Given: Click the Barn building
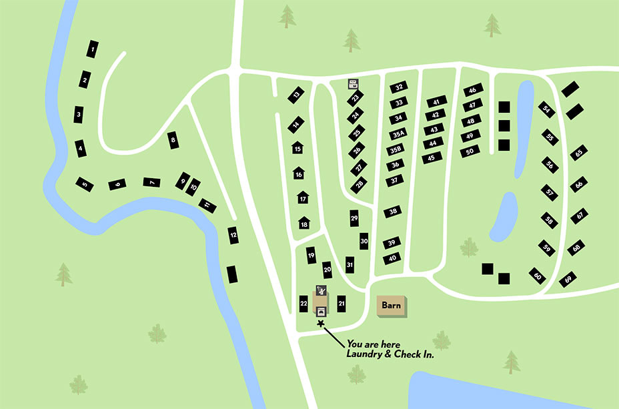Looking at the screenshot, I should click(390, 306).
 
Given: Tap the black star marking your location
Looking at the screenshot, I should click(322, 324).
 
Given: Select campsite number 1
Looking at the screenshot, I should click(92, 49).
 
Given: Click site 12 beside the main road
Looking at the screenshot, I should click(233, 235).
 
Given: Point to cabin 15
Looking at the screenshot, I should click(297, 149).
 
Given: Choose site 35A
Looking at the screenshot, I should click(398, 134).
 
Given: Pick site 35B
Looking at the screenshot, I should click(396, 150).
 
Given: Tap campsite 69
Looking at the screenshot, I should click(568, 280).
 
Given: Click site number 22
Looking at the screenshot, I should click(303, 304).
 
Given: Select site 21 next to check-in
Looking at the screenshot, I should click(342, 304).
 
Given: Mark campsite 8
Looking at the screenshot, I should click(173, 140).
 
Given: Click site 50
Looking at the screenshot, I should click(470, 151).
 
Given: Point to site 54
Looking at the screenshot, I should click(547, 110).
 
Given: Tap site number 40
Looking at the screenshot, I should click(392, 258).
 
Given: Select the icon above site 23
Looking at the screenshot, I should click(354, 84).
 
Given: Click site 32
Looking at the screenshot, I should click(399, 87).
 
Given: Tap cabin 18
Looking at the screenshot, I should click(304, 224).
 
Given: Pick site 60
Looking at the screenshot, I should click(538, 275).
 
